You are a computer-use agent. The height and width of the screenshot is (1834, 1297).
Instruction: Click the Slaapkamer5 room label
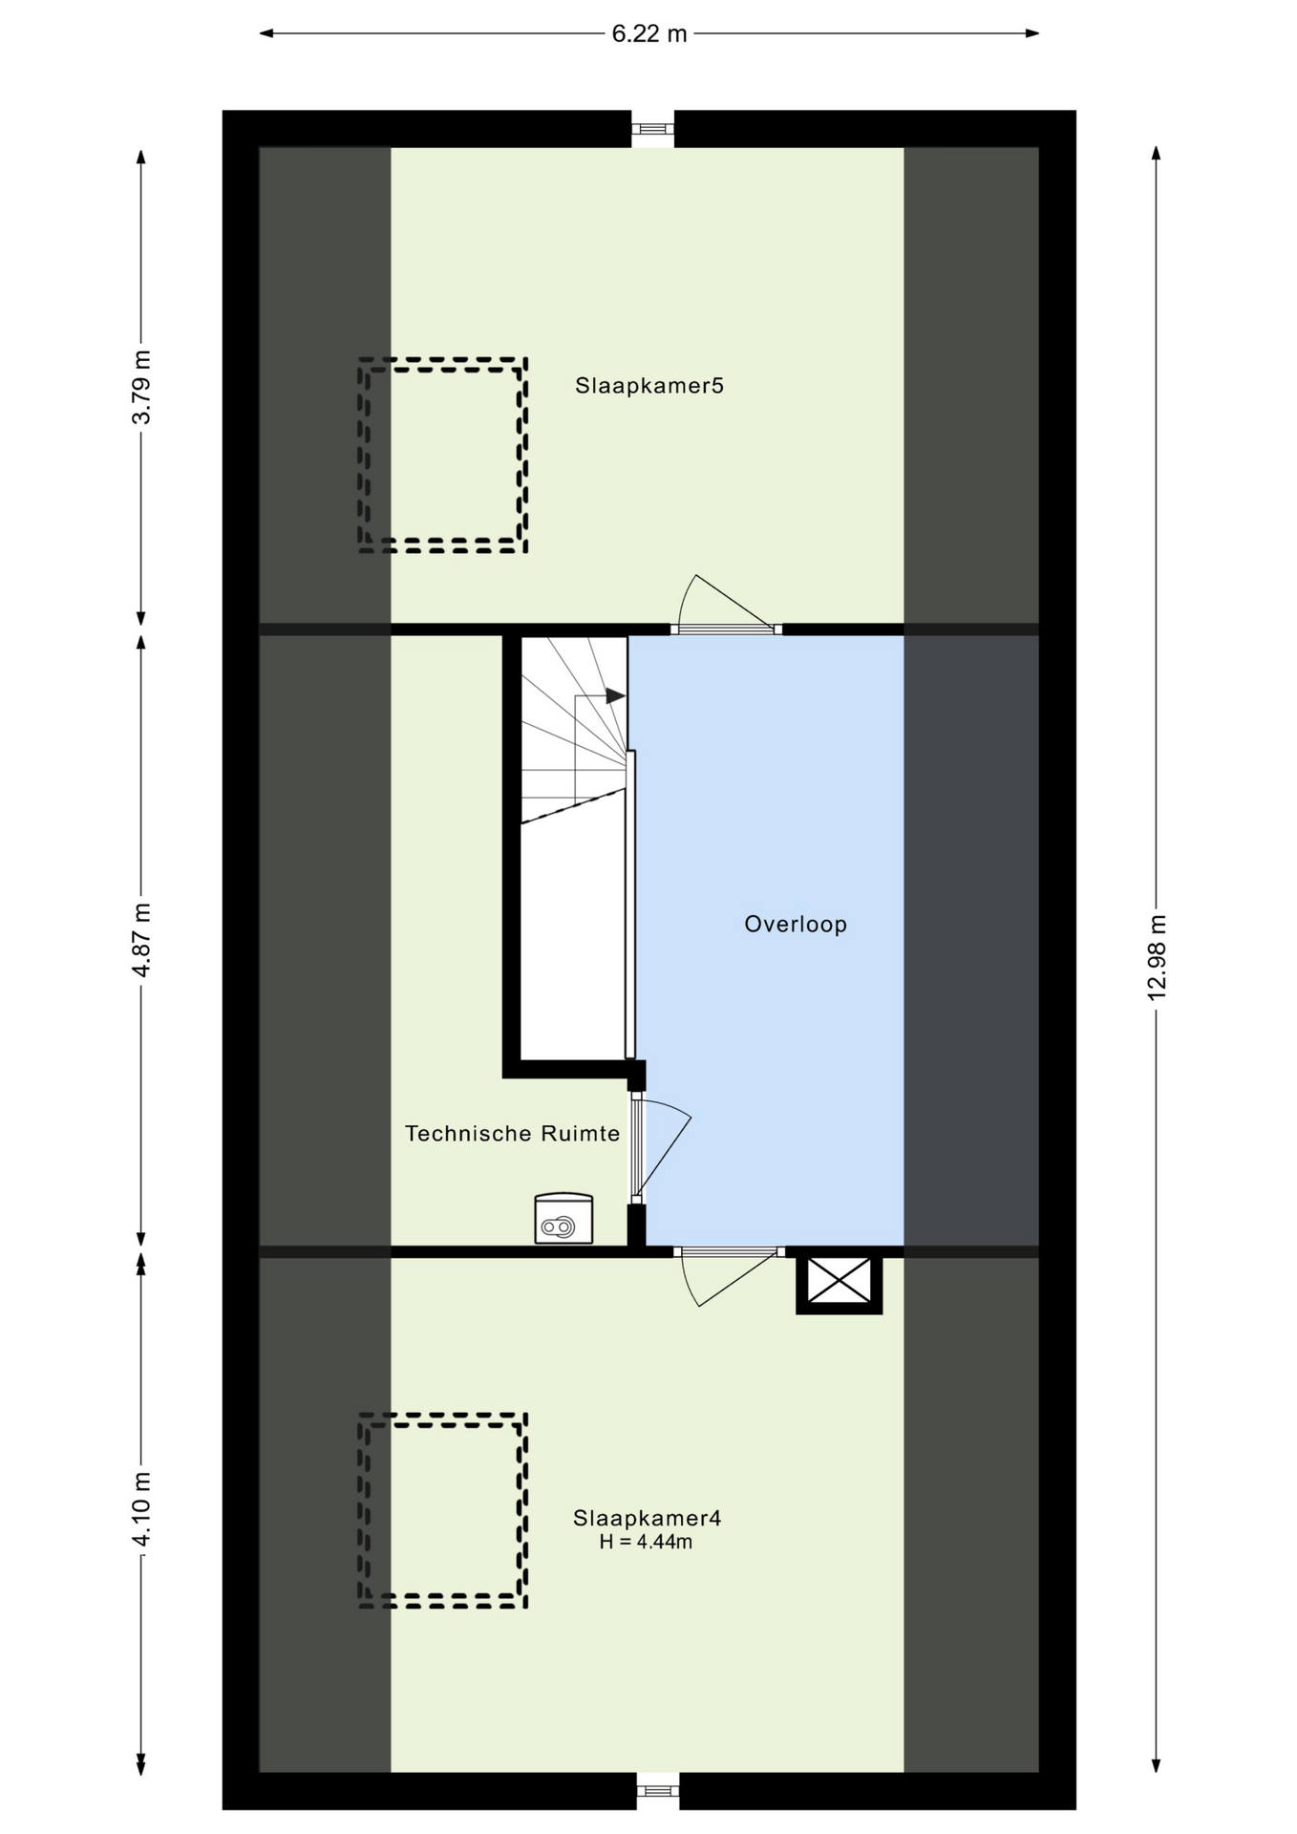pos(648,386)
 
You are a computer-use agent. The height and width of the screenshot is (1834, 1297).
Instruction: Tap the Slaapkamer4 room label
pos(647,1518)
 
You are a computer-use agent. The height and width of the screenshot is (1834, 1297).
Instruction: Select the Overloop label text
pos(796,925)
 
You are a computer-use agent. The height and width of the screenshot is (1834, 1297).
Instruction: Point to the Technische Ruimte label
pos(512,1134)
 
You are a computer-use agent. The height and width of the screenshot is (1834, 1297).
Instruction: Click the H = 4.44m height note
pos(646,1542)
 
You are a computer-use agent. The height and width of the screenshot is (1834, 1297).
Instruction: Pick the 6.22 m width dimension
pos(649,34)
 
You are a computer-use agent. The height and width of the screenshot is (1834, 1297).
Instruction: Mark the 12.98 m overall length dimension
pos(1157,957)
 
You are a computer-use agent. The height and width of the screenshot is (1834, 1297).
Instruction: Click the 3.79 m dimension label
pos(141,388)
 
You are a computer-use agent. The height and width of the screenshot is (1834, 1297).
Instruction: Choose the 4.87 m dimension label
pos(141,940)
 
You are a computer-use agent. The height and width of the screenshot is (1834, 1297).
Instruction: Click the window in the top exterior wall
pos(653,128)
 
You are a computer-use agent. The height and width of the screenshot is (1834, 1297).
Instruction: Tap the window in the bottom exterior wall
pos(657,1791)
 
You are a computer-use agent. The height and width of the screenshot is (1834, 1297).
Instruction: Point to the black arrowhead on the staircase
pos(616,696)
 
